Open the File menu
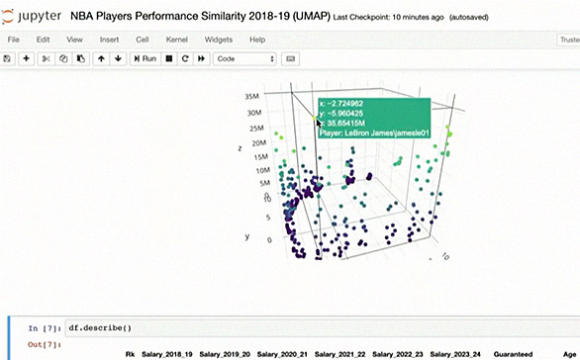[x=14, y=39]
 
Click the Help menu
[x=257, y=39]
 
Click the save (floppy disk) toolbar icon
[x=8, y=58]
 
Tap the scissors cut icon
[x=47, y=58]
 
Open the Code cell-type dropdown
[x=244, y=58]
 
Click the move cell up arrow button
[x=101, y=58]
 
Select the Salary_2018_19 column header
[x=169, y=353]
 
